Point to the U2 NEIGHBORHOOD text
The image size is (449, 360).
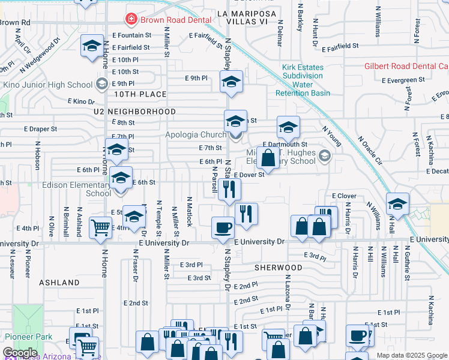134,112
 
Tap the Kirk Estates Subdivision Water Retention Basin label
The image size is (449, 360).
303,80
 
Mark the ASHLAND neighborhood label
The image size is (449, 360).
59,282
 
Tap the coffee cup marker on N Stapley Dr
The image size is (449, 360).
223,228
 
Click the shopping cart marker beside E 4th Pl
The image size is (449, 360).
100,227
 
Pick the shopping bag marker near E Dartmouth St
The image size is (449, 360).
269,158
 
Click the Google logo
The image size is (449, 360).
20,353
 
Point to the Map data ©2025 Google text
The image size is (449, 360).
411,355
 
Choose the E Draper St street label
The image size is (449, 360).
40,128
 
